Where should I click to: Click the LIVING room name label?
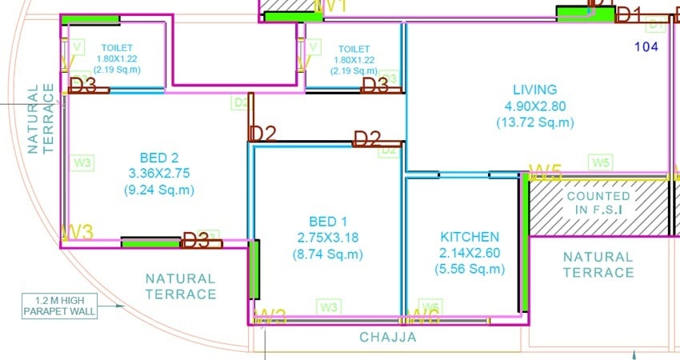pyautogui.click(x=534, y=90)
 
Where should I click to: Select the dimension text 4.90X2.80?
pyautogui.click(x=534, y=106)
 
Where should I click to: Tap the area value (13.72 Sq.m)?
pyautogui.click(x=534, y=122)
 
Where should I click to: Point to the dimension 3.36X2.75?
pyautogui.click(x=160, y=173)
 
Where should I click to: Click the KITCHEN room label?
pyautogui.click(x=470, y=237)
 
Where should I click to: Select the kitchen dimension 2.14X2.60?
pyautogui.click(x=470, y=254)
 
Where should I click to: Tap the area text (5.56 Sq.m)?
pyautogui.click(x=470, y=270)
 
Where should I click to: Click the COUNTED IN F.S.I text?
pyautogui.click(x=598, y=202)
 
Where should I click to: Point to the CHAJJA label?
pyautogui.click(x=388, y=338)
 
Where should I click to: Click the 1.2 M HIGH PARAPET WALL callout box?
pyautogui.click(x=60, y=306)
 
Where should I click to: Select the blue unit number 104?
pyautogui.click(x=646, y=46)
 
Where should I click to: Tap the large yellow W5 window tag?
pyautogui.click(x=545, y=172)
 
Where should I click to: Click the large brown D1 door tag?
pyautogui.click(x=628, y=14)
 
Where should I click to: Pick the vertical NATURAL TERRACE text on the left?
pyautogui.click(x=41, y=118)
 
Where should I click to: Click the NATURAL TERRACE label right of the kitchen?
pyautogui.click(x=598, y=265)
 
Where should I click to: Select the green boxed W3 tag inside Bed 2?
pyautogui.click(x=83, y=162)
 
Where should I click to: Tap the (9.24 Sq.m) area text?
pyautogui.click(x=160, y=190)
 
